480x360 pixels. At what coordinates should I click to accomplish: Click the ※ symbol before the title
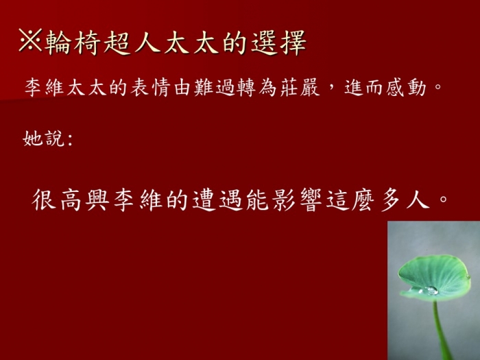click(30, 40)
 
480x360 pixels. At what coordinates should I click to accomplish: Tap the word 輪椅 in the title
click(72, 43)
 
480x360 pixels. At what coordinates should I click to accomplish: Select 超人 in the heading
click(132, 43)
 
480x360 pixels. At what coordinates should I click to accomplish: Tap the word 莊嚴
click(300, 88)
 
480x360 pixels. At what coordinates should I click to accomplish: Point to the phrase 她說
click(43, 139)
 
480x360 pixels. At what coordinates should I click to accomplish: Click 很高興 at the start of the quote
click(71, 200)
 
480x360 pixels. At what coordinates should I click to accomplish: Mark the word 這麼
click(350, 200)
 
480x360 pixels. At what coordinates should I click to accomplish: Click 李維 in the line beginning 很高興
click(138, 200)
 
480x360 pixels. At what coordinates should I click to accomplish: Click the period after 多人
click(443, 200)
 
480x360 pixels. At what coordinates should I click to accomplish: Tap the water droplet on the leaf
click(431, 290)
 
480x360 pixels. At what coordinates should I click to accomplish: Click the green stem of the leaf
click(442, 330)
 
